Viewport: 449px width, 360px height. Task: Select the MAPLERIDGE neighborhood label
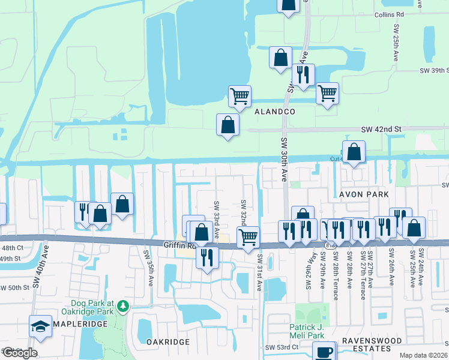[80, 323]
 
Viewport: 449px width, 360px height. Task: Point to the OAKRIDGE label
[168, 341]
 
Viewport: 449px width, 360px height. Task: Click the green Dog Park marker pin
[122, 306]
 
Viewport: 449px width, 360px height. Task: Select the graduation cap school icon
[40, 326]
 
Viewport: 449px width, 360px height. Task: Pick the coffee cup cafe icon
[324, 351]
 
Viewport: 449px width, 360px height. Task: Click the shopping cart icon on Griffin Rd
[248, 237]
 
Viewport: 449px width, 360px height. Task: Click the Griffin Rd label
[179, 245]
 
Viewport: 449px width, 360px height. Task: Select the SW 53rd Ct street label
[282, 347]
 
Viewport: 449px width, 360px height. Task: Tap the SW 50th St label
[15, 288]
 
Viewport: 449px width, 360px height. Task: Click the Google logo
[19, 352]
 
